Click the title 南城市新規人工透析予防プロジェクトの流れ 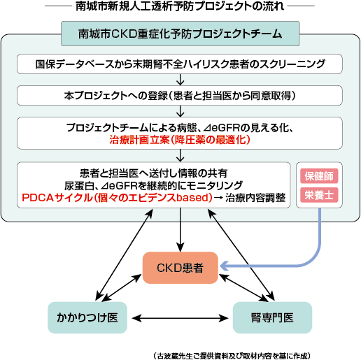click(x=180, y=8)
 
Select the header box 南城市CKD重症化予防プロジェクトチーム click(x=181, y=33)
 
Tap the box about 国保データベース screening click(x=180, y=64)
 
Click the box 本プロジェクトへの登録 click(x=180, y=94)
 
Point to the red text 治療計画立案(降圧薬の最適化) click(x=180, y=140)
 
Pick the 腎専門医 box click(x=271, y=317)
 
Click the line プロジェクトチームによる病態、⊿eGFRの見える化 click(x=180, y=127)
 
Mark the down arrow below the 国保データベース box click(x=180, y=79)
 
